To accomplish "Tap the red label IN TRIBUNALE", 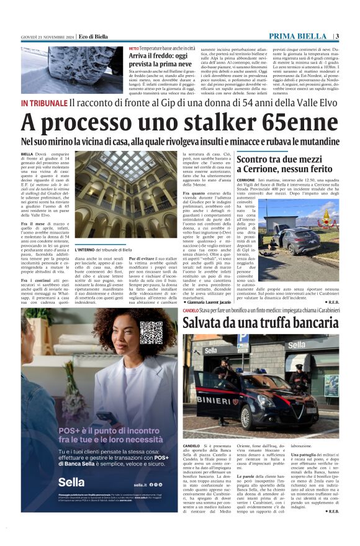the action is pos(43,102).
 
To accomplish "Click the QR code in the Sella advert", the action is pos(150,333).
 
